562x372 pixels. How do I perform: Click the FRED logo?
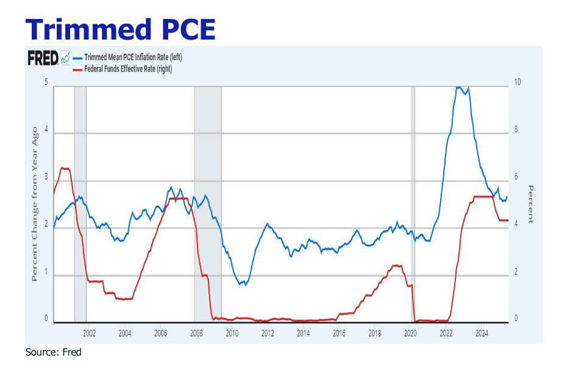(43, 58)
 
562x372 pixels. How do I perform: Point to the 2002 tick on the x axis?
(89, 333)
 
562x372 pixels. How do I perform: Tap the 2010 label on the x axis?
(232, 333)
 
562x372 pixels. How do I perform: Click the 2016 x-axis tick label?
(340, 333)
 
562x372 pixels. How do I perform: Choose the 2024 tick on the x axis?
(482, 333)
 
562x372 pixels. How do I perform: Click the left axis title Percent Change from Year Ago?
(35, 204)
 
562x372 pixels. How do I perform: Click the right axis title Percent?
(530, 204)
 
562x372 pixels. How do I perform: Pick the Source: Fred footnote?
(53, 353)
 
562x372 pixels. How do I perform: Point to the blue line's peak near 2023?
(461, 88)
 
